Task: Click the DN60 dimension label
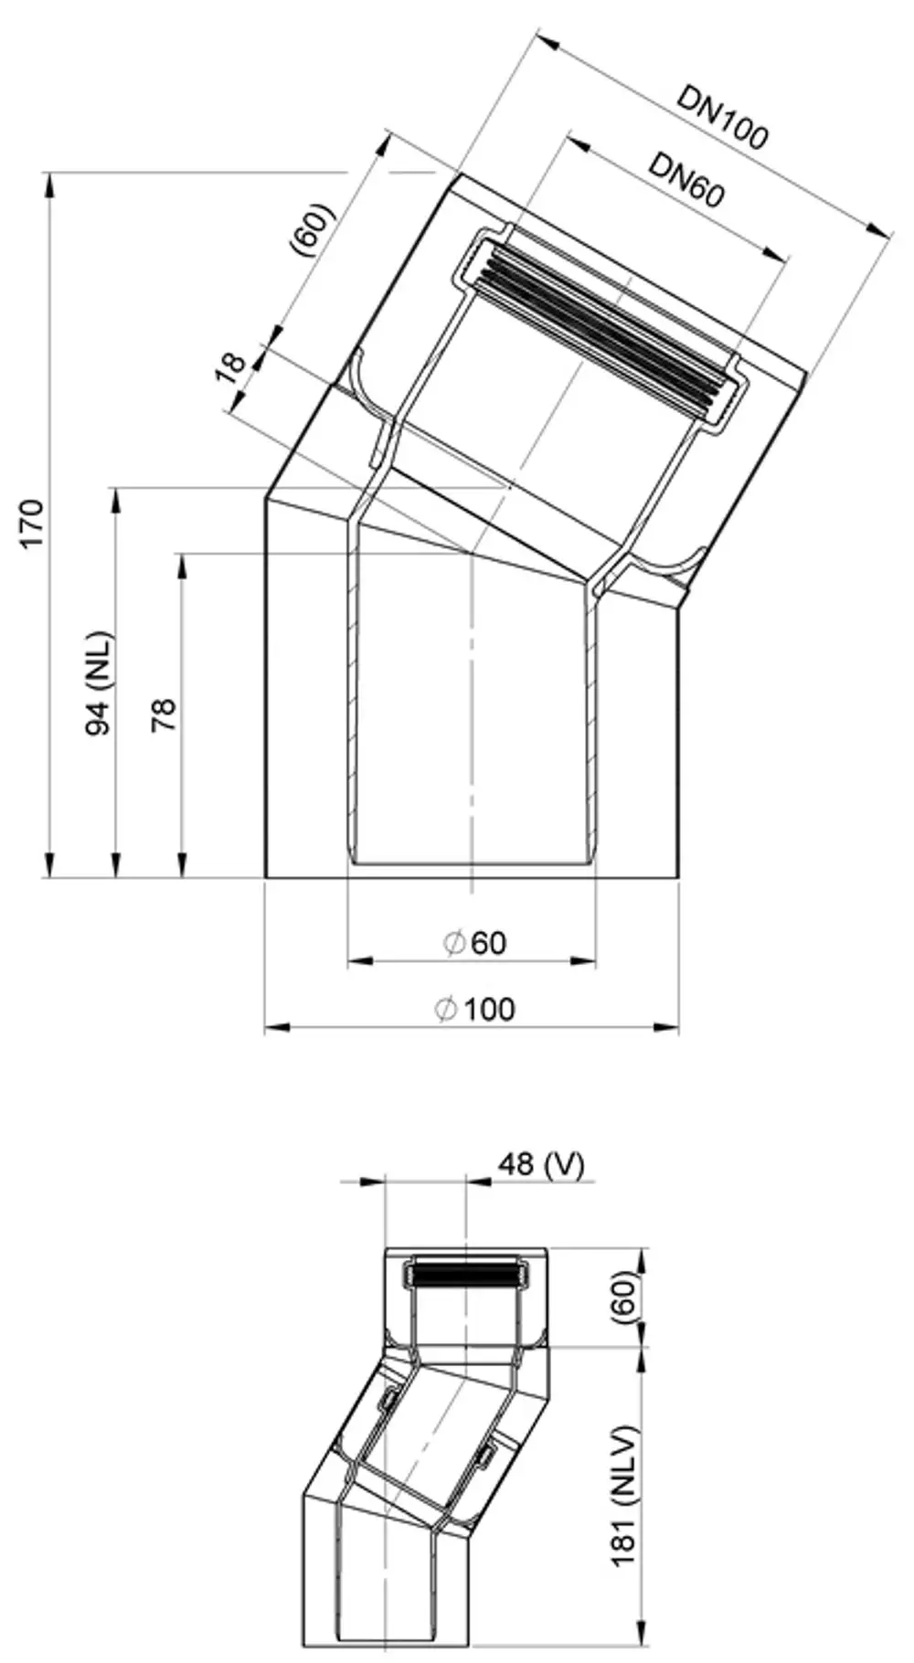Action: point(686,180)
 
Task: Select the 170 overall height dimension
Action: point(33,524)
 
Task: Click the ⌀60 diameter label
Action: point(474,942)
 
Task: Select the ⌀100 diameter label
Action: point(474,1010)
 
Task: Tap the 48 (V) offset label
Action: point(540,1164)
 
